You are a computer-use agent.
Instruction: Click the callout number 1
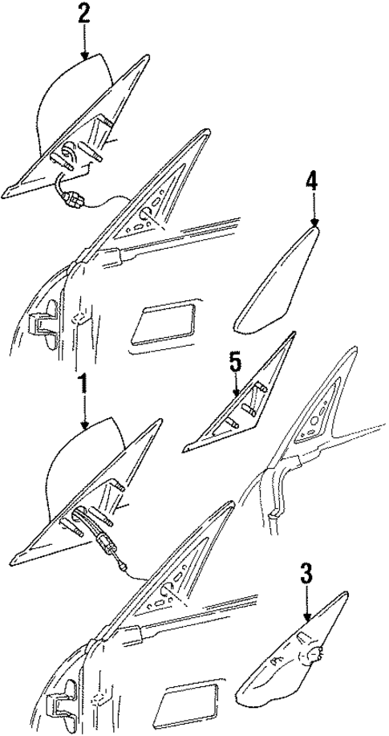pyautogui.click(x=82, y=384)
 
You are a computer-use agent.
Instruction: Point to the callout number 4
pyautogui.click(x=313, y=181)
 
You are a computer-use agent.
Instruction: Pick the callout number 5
pyautogui.click(x=235, y=364)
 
